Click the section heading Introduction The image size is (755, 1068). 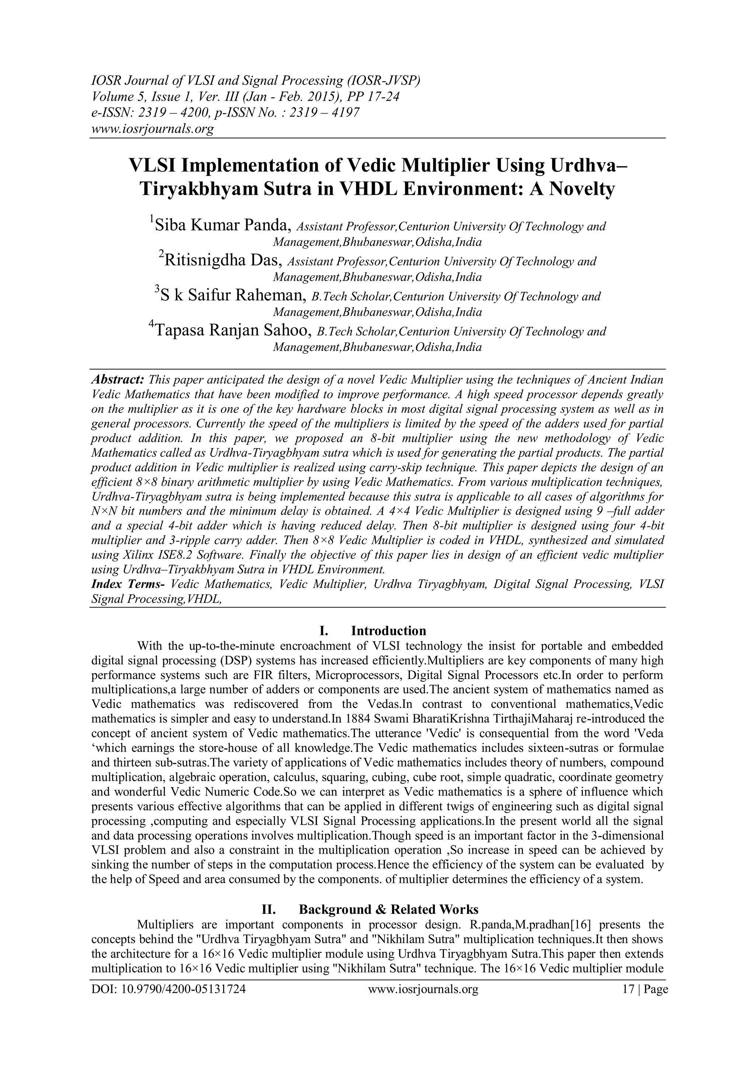click(x=388, y=631)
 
